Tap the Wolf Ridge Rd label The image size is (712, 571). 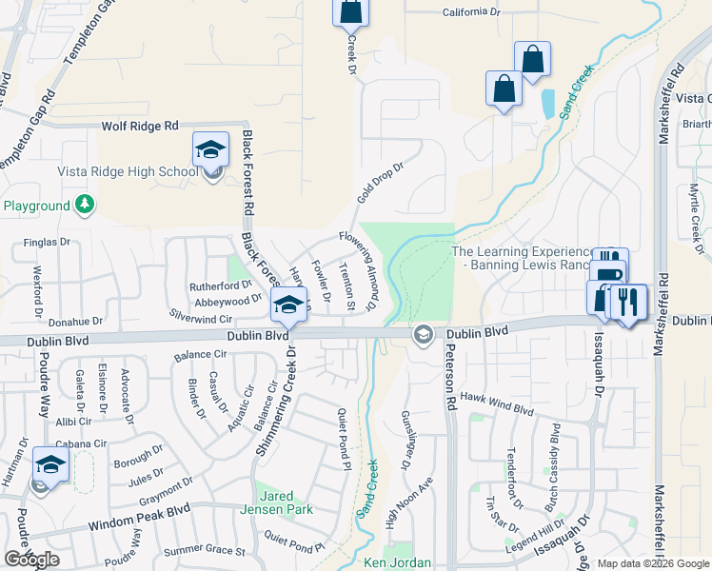(x=140, y=126)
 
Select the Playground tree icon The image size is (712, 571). (x=85, y=205)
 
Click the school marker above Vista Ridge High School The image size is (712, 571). (x=210, y=150)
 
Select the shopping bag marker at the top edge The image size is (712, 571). (x=349, y=11)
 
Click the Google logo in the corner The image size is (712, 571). (x=31, y=560)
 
